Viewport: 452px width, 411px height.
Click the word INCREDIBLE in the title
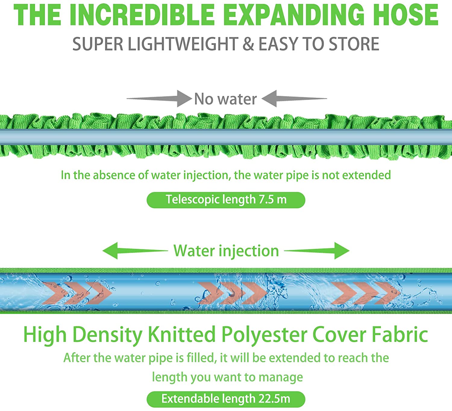[x=143, y=15]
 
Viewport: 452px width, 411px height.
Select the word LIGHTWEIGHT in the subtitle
[x=183, y=44]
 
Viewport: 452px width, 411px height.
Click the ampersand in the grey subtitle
[x=248, y=44]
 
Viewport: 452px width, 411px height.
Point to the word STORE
[x=354, y=44]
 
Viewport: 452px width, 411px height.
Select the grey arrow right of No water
[x=294, y=98]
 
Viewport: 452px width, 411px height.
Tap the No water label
[x=225, y=99]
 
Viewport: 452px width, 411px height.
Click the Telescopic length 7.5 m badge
[x=226, y=200]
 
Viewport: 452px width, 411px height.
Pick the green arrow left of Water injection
[x=135, y=251]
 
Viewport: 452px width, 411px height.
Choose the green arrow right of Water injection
[x=317, y=251]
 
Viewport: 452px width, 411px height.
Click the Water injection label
[x=226, y=251]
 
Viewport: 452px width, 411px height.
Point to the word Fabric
[x=400, y=334]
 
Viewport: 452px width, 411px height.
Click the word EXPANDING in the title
[x=294, y=15]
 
